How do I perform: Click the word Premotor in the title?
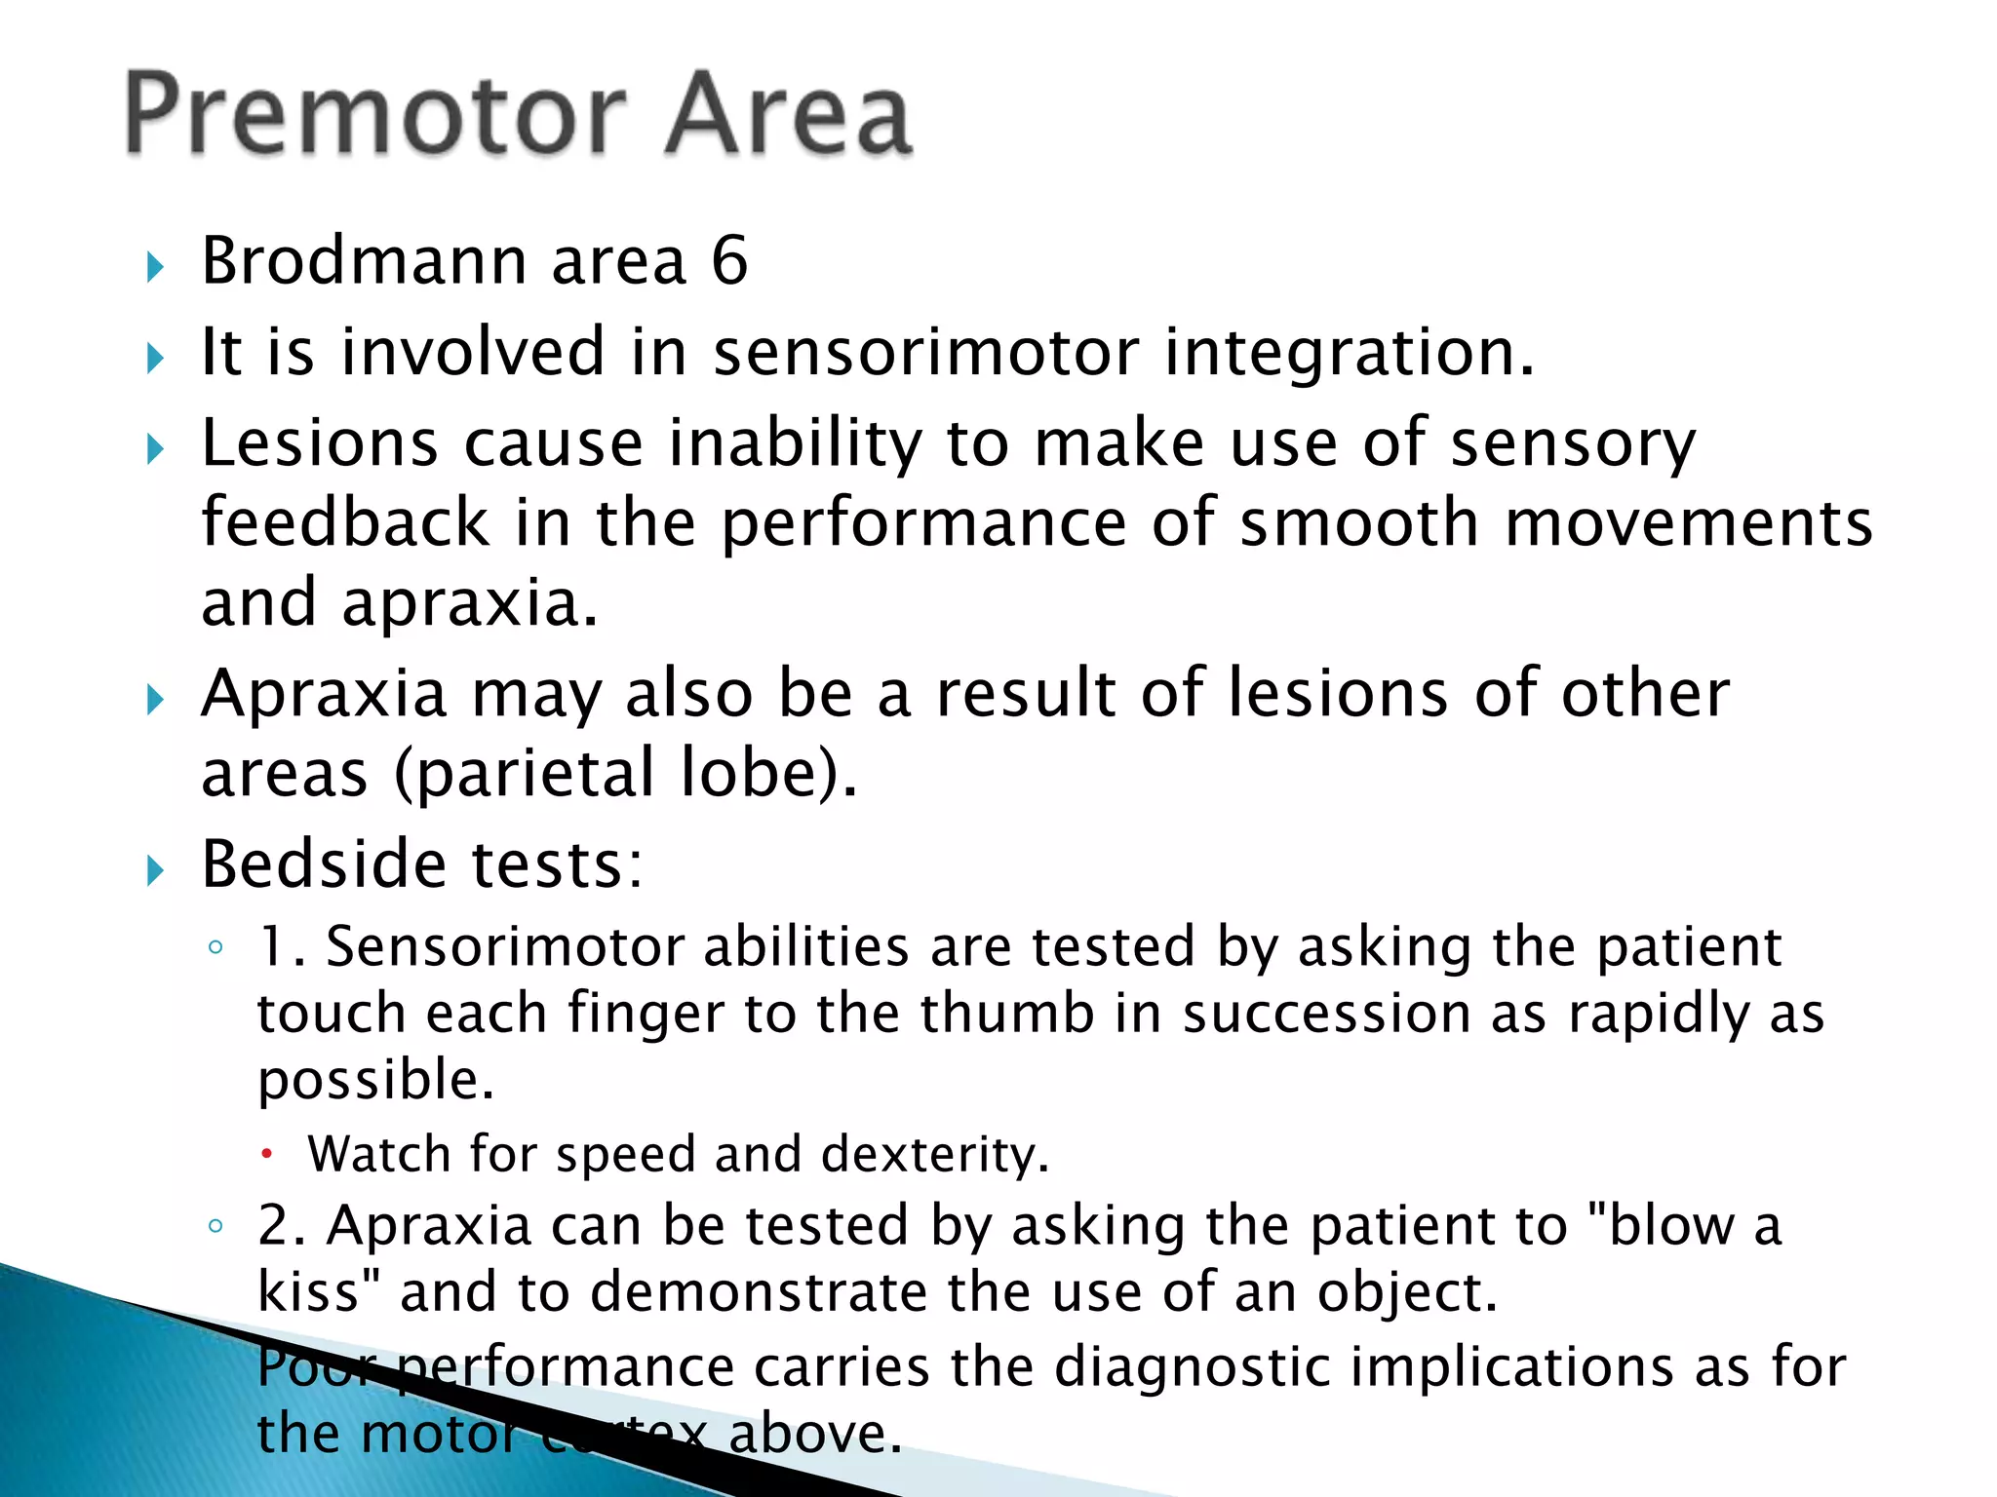pyautogui.click(x=376, y=115)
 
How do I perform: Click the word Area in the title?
pyautogui.click(x=788, y=115)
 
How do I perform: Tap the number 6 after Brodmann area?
pyautogui.click(x=729, y=261)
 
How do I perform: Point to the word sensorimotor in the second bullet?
pyautogui.click(x=925, y=352)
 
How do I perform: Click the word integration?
pyautogui.click(x=1350, y=352)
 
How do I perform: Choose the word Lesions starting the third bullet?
pyautogui.click(x=319, y=443)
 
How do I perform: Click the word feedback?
pyautogui.click(x=345, y=522)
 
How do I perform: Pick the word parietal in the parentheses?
pyautogui.click(x=535, y=773)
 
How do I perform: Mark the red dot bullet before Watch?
pyautogui.click(x=267, y=1155)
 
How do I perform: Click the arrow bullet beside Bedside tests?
pyautogui.click(x=155, y=868)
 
